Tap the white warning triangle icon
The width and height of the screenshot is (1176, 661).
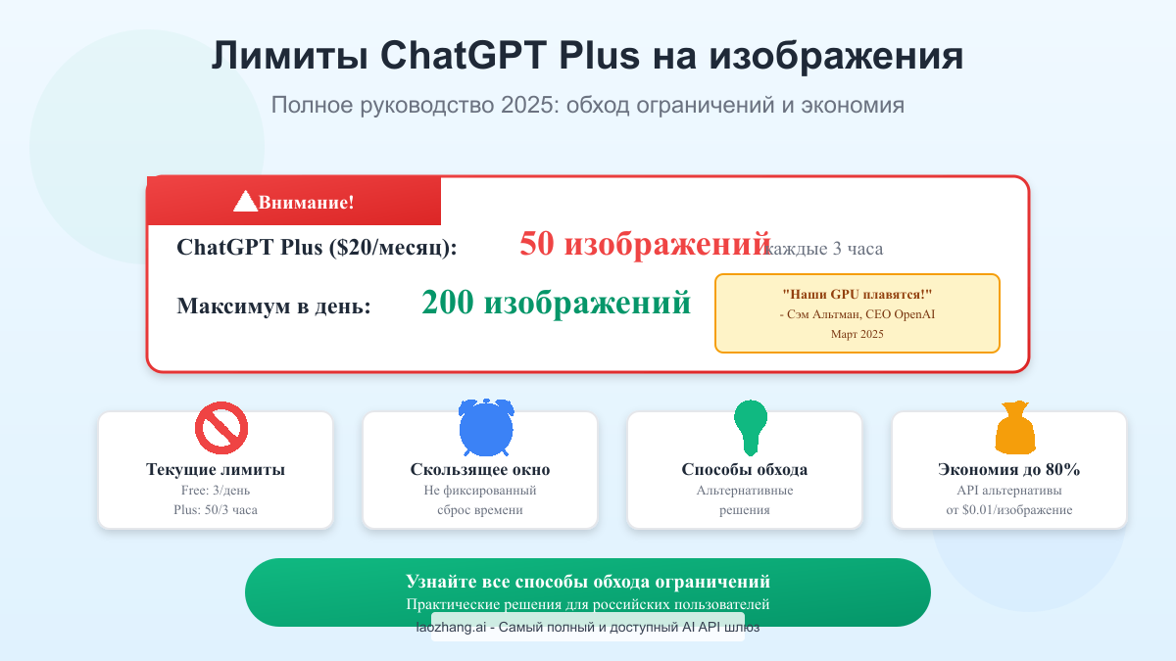pos(245,201)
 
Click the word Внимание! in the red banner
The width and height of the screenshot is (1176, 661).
pos(306,203)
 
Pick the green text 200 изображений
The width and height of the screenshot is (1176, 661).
pos(556,304)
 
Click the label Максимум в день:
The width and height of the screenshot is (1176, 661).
pos(273,307)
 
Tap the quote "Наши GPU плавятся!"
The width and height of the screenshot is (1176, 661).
pos(857,295)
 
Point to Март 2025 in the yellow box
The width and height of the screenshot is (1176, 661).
pos(857,335)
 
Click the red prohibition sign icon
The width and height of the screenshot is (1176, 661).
pos(220,429)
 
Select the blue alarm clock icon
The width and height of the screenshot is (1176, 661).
pos(486,428)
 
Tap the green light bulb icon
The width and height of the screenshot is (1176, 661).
pos(751,426)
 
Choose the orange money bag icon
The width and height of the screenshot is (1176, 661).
pos(1014,429)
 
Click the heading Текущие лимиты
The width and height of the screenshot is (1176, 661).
pos(216,470)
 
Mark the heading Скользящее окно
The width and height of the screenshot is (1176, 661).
pos(480,470)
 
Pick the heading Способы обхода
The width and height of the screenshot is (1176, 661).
pos(745,470)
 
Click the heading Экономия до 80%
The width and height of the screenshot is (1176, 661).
pos(1009,470)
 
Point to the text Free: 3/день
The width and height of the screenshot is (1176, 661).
pos(216,491)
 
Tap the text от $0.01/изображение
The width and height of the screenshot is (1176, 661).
pos(1009,510)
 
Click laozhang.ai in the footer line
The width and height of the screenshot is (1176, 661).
pos(452,628)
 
